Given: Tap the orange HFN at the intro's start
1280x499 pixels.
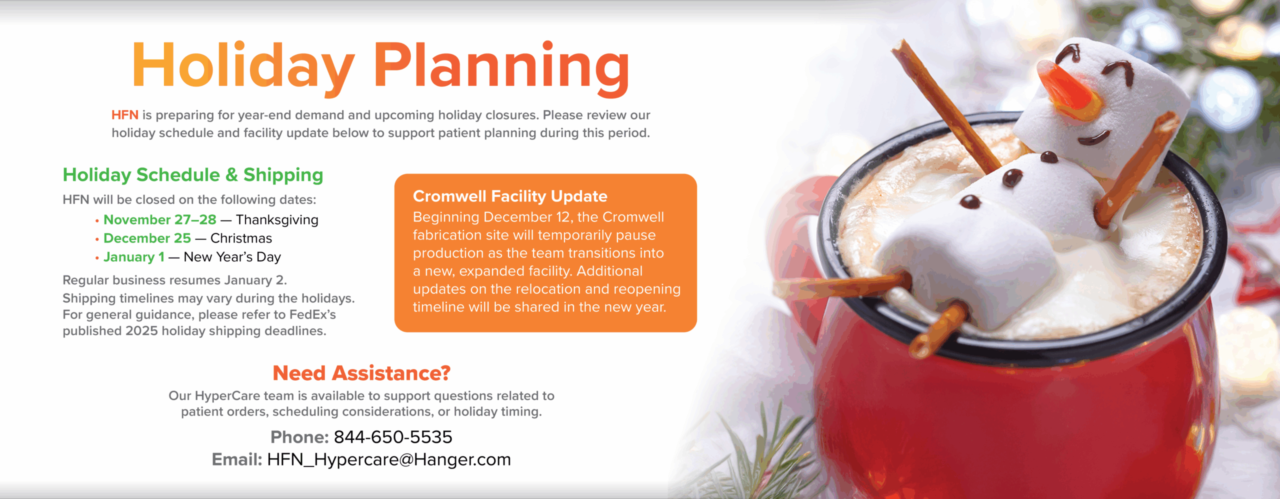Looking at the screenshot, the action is [x=124, y=115].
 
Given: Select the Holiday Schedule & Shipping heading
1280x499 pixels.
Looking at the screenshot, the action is [x=193, y=175].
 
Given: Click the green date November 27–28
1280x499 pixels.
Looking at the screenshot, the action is [x=160, y=219].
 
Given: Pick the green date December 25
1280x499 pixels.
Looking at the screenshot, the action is [x=147, y=238].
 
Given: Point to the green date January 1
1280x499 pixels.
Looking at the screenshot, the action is [x=134, y=257].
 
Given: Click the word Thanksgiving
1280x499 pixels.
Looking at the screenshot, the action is [x=277, y=220].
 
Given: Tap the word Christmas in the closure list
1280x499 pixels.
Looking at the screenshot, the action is [x=241, y=238].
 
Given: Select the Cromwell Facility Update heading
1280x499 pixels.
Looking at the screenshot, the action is [x=510, y=196].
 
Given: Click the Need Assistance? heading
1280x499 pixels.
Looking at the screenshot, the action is [x=361, y=373].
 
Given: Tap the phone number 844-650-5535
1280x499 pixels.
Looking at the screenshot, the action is [x=393, y=437].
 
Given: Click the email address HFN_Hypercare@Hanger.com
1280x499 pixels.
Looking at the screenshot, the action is [x=389, y=459].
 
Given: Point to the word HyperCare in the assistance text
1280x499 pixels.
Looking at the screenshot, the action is [x=227, y=396].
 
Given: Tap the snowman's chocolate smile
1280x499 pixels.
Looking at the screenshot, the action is [x=1094, y=137].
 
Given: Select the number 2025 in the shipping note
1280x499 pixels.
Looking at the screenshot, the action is [x=141, y=331].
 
